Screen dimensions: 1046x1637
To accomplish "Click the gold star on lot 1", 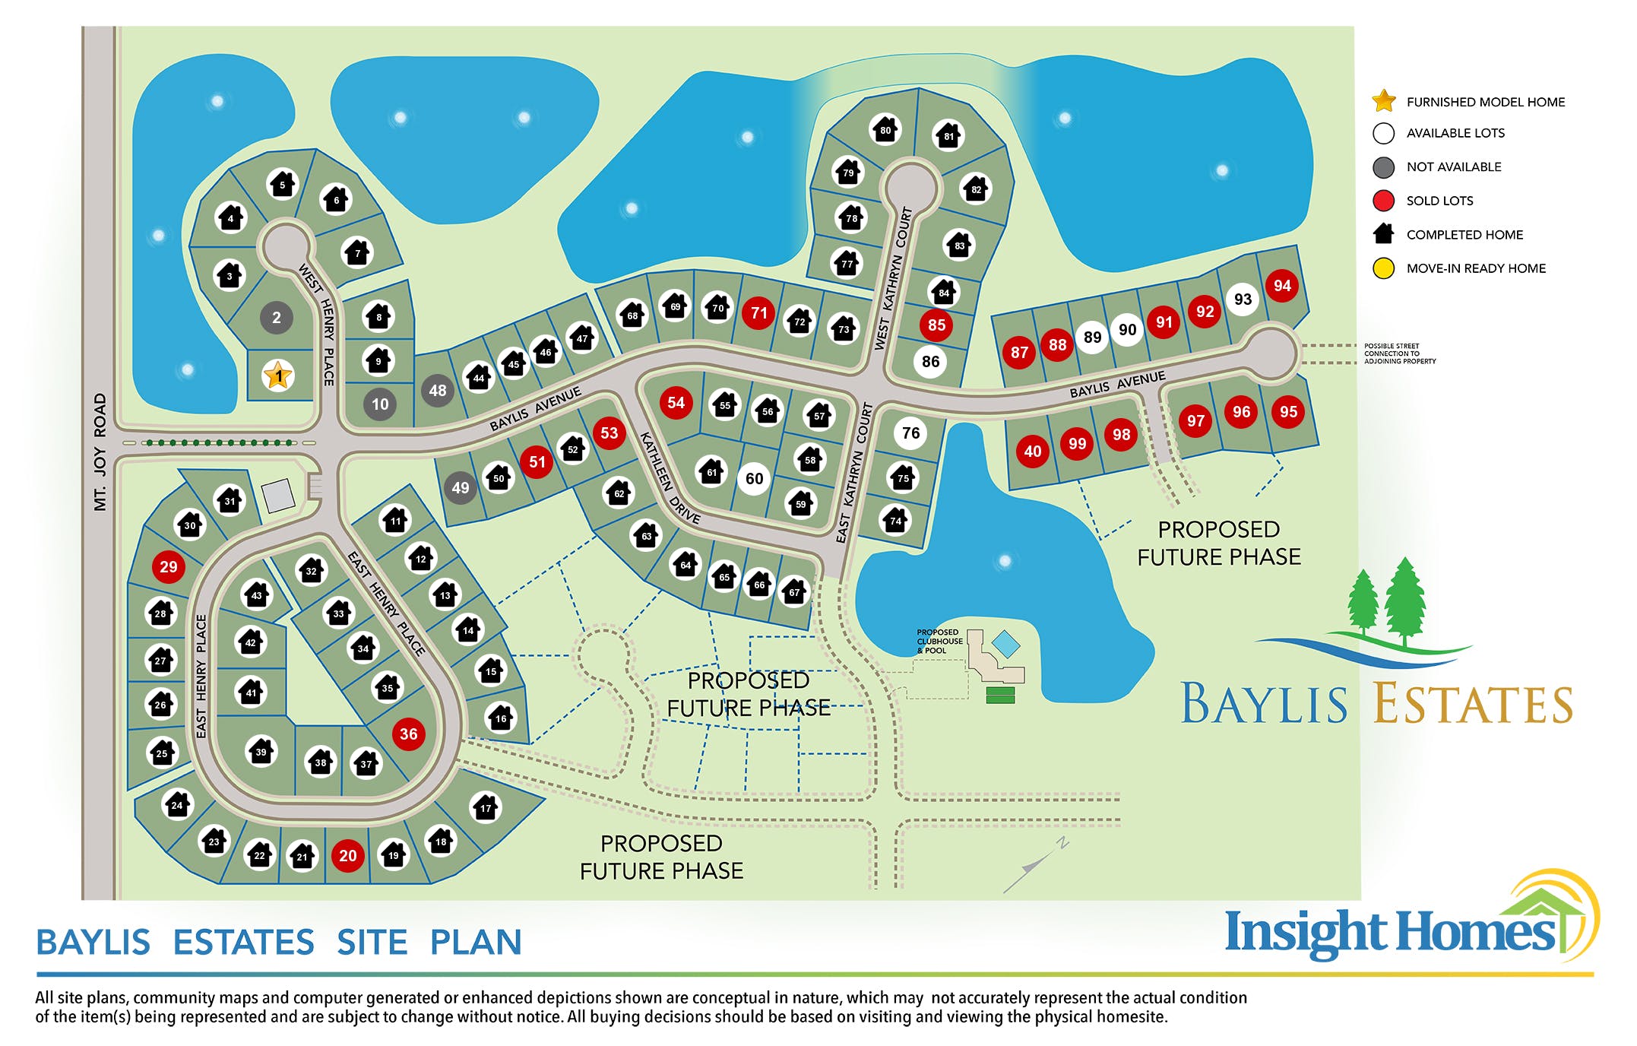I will pyautogui.click(x=278, y=376).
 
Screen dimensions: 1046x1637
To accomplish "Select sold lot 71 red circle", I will pyautogui.click(x=758, y=313).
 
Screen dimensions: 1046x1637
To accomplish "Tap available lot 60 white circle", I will pyautogui.click(x=754, y=479).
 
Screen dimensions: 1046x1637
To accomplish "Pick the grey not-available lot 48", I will pyautogui.click(x=438, y=391).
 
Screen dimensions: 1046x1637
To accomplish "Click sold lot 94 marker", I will pyautogui.click(x=1282, y=286).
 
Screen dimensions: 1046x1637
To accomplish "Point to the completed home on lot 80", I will pyautogui.click(x=885, y=130).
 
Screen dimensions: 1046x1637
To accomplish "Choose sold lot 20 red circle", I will pyautogui.click(x=348, y=856).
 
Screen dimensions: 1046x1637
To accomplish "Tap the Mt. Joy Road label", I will pyautogui.click(x=100, y=452).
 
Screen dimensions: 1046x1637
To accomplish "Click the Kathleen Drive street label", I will pyautogui.click(x=669, y=477).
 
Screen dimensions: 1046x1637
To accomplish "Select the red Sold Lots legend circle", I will pyautogui.click(x=1384, y=201).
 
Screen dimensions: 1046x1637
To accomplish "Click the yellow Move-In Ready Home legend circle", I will pyautogui.click(x=1384, y=268).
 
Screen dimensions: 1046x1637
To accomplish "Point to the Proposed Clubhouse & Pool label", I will pyautogui.click(x=939, y=642).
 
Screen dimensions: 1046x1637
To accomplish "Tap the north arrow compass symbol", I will pyautogui.click(x=1035, y=865).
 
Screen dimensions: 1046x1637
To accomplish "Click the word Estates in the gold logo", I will pyautogui.click(x=1473, y=704).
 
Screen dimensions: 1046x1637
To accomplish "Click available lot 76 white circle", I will pyautogui.click(x=910, y=433).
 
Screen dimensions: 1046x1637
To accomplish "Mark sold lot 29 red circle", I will pyautogui.click(x=169, y=567).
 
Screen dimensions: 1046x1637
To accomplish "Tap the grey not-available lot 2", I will pyautogui.click(x=277, y=318).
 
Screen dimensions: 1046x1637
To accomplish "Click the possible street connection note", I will pyautogui.click(x=1400, y=353).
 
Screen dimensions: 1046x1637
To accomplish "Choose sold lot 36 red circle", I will pyautogui.click(x=409, y=734).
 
